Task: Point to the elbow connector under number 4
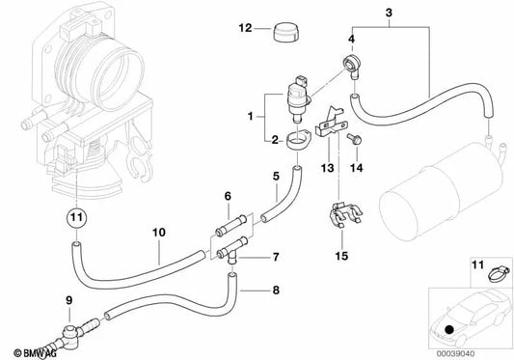[x=353, y=69]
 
